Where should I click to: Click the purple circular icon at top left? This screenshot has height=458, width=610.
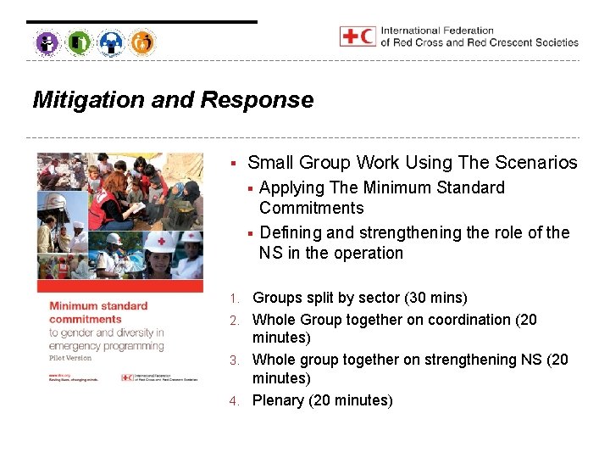pos(47,42)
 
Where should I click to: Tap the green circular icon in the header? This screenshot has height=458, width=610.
pos(79,42)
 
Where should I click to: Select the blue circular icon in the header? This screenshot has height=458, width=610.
pos(111,42)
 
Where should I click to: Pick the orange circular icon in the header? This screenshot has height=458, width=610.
pos(143,42)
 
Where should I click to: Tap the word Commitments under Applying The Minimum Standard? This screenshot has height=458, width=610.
pos(311,209)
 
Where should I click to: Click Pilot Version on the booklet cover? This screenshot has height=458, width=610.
pos(69,358)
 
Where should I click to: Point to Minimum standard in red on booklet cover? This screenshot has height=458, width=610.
pos(97,305)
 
